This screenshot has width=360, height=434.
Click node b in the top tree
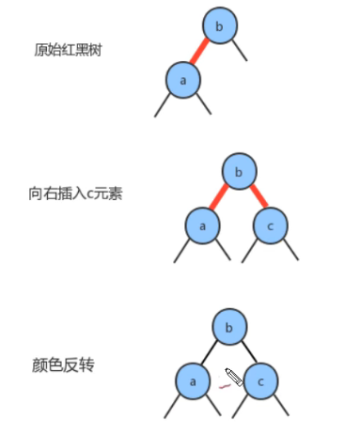coord(218,28)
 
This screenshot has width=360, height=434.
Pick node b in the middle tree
coord(239,172)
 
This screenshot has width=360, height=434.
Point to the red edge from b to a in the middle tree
coord(219,198)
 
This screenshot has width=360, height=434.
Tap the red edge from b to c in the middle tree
coord(256,198)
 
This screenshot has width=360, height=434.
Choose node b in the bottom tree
coord(228,328)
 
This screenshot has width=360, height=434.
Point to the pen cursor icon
coord(234,380)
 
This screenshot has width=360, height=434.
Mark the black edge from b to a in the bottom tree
coord(210,354)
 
